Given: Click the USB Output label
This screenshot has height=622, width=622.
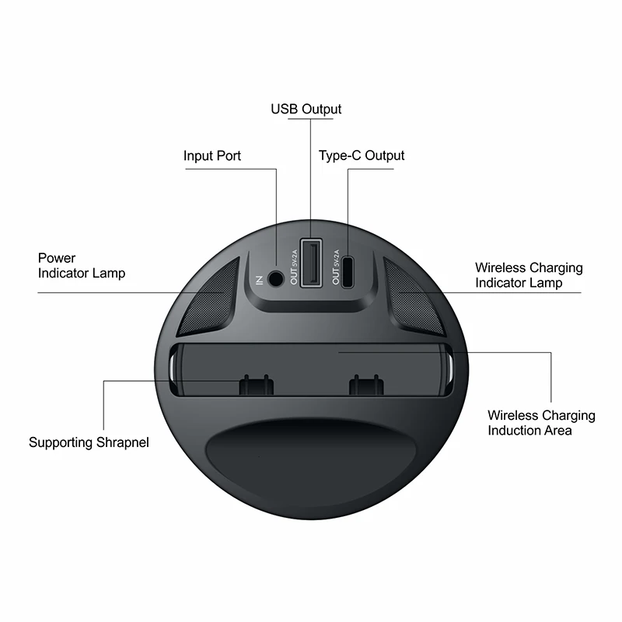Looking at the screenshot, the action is click(306, 109).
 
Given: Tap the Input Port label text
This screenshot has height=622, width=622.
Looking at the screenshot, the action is click(212, 155).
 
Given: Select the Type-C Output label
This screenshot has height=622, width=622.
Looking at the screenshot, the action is click(362, 155).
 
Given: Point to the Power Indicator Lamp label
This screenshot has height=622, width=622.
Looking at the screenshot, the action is click(81, 265).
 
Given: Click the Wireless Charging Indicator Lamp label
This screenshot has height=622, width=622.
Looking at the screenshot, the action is click(529, 275).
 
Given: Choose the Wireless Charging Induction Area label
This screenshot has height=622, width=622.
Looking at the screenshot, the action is click(541, 423).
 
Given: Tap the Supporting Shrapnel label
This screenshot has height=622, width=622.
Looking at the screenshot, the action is click(89, 442).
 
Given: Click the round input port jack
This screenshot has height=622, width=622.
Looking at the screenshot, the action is click(276, 276).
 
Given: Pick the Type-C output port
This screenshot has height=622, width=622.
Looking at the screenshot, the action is click(348, 269).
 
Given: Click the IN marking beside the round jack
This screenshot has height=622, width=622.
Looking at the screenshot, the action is click(260, 278).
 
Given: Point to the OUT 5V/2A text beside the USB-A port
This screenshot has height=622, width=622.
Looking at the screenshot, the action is click(294, 267).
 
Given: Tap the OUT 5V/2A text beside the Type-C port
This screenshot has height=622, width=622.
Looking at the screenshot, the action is click(336, 267).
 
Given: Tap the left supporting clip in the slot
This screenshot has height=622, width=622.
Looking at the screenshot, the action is click(255, 385).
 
